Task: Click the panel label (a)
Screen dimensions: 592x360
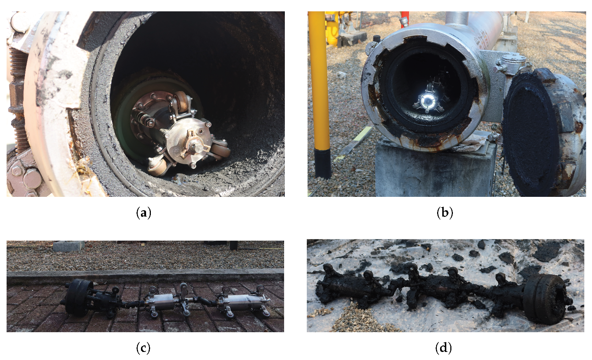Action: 144,213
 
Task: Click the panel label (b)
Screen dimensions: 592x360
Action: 445,213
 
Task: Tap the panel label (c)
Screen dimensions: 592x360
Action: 143,348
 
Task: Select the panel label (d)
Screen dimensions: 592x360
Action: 443,348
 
